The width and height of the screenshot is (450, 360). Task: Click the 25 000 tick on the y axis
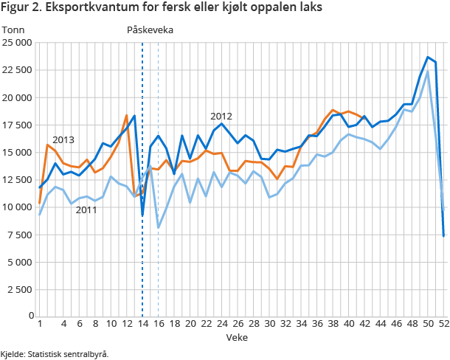17,43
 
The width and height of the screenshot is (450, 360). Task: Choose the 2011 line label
86,210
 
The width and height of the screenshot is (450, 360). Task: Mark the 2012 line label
221,116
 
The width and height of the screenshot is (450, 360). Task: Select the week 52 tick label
443,324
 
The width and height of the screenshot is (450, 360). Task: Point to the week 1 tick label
40,324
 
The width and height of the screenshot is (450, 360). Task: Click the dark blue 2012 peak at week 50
428,58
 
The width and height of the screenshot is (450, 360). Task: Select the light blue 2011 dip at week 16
159,227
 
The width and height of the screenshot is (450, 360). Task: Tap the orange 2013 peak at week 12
127,116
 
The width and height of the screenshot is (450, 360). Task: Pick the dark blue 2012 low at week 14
142,215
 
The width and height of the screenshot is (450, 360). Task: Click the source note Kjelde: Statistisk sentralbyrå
55,354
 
